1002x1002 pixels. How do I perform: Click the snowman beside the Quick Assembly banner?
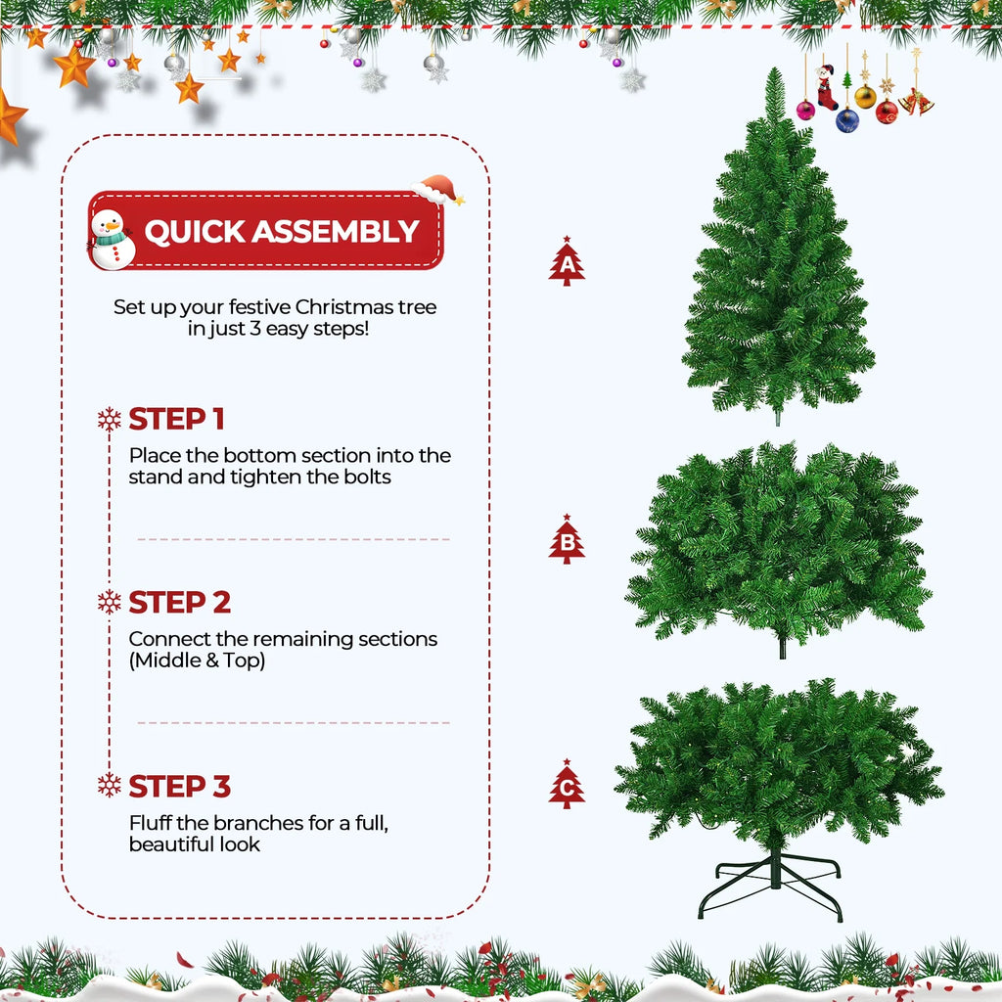(x=112, y=239)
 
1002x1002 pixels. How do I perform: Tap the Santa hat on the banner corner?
(x=437, y=189)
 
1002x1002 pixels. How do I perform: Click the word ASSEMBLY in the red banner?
(x=336, y=232)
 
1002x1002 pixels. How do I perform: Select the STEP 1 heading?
(x=176, y=419)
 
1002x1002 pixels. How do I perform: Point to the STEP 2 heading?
(x=180, y=602)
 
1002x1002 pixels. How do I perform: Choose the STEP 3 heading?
(x=180, y=786)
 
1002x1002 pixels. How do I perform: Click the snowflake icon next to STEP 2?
(x=110, y=602)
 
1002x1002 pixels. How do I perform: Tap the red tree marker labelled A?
(x=567, y=262)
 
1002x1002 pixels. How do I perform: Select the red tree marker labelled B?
(x=567, y=539)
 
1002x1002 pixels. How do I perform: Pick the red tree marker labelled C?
(x=567, y=785)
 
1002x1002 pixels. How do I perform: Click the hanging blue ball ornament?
(x=847, y=119)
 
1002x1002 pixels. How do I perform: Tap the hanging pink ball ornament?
(x=805, y=110)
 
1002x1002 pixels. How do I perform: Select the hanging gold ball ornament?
(x=865, y=96)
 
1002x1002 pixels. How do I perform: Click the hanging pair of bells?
(x=917, y=102)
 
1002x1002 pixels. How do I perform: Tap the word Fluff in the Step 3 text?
(x=153, y=823)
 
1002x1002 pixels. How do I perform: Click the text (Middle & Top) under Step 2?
(x=197, y=660)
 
